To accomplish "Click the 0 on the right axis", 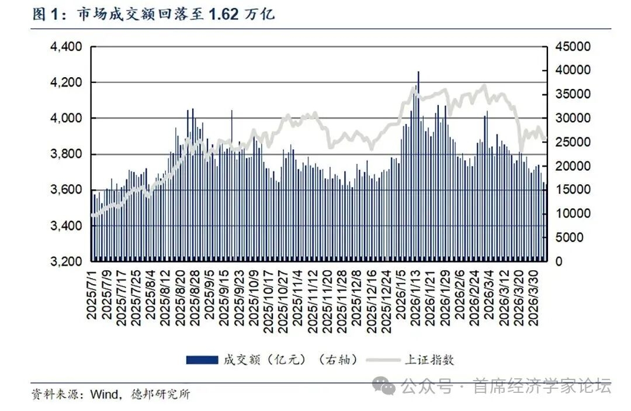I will pyautogui.click(x=559, y=261).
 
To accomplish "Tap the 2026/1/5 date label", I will pyautogui.click(x=402, y=291).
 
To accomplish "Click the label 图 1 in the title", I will pyautogui.click(x=47, y=15).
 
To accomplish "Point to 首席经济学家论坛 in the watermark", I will pyautogui.click(x=542, y=386).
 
